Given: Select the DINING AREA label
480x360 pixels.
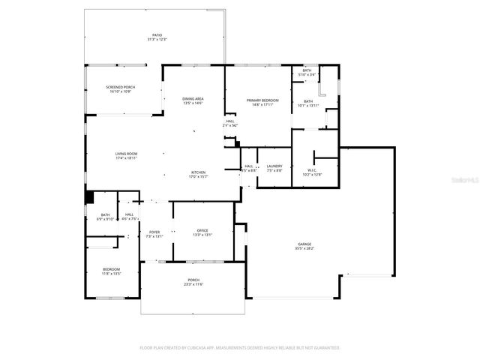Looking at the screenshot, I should click(x=193, y=100).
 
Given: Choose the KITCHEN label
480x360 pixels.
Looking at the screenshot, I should click(x=198, y=173).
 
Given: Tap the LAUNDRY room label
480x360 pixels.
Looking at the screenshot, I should click(x=274, y=166).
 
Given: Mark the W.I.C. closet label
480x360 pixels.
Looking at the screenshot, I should click(x=313, y=171).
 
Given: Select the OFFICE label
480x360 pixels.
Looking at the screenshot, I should click(x=202, y=230).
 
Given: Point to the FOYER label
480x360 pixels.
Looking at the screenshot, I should click(x=154, y=232).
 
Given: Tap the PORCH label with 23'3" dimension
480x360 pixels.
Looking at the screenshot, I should click(x=193, y=280).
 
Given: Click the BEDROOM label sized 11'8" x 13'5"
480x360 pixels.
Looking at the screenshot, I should click(x=111, y=269).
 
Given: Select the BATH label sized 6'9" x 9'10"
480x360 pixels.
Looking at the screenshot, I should click(x=106, y=216).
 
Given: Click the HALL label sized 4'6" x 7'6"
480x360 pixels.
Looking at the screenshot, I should click(x=130, y=216).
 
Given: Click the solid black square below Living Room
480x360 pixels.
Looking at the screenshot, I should click(x=88, y=197).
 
